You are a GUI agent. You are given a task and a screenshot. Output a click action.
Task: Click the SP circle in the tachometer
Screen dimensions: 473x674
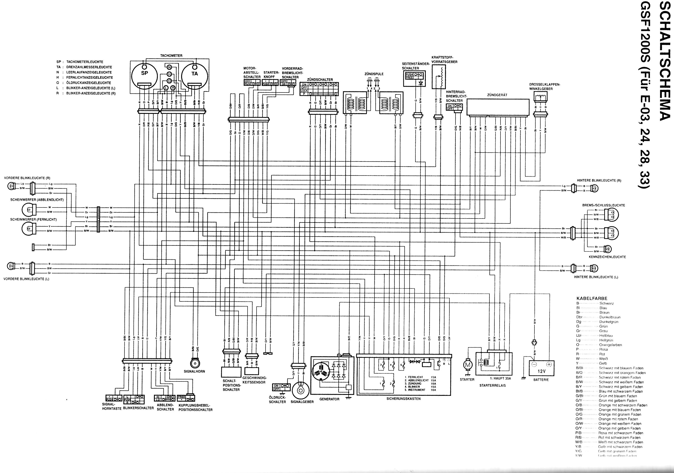point(144,76)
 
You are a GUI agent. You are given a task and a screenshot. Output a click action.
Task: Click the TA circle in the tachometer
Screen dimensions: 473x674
point(194,76)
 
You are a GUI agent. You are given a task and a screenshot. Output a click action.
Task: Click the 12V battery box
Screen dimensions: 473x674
point(541,368)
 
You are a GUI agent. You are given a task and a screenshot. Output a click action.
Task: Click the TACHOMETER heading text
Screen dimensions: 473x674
point(171,56)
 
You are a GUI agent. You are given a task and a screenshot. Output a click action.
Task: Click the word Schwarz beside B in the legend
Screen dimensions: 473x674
point(606,303)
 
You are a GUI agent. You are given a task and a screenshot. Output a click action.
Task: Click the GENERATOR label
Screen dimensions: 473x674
point(329,399)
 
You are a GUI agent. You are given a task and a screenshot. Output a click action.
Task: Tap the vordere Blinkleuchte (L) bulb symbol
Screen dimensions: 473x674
point(11,266)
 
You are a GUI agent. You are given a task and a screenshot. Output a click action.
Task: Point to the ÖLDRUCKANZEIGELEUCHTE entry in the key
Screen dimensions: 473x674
point(89,83)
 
